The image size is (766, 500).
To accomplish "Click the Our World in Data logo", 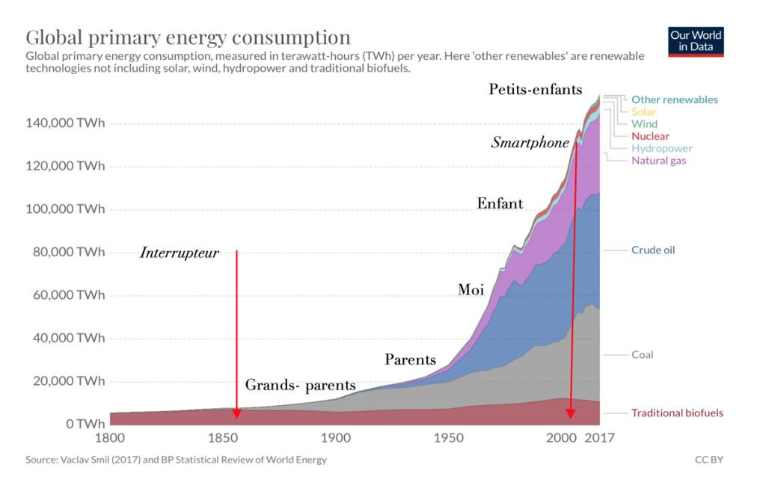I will [x=696, y=41].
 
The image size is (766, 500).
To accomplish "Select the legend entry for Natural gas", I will [x=658, y=161].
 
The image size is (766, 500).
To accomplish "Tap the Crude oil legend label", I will [x=653, y=250].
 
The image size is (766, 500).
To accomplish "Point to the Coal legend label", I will [x=643, y=354].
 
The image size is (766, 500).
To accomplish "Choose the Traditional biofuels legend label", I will [x=677, y=413].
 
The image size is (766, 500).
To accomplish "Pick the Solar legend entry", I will [x=644, y=112].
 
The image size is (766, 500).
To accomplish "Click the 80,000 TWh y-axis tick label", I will [x=67, y=252].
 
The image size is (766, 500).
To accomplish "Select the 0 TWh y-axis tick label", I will [x=80, y=424].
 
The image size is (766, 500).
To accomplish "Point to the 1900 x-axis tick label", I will [x=334, y=438].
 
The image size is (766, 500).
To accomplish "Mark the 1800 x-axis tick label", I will [x=109, y=438].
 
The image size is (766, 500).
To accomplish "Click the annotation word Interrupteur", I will [x=180, y=253].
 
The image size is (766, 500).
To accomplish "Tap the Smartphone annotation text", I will [x=530, y=143].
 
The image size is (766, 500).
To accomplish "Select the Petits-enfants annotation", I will [x=536, y=90].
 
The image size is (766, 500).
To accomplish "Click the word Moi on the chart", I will [x=471, y=290].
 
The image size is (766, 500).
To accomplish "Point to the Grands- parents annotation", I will [x=301, y=386].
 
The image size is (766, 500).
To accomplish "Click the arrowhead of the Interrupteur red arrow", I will [x=236, y=413].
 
